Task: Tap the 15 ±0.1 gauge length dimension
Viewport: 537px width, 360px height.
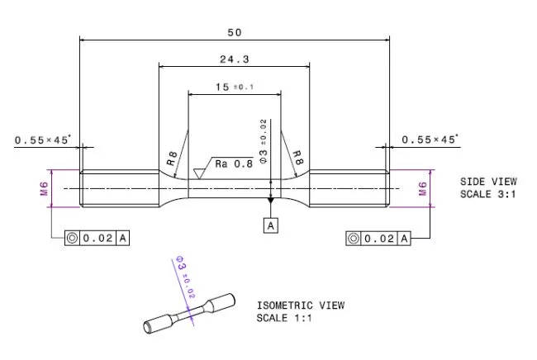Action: pyautogui.click(x=234, y=87)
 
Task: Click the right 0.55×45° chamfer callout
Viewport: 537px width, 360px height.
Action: pyautogui.click(x=430, y=140)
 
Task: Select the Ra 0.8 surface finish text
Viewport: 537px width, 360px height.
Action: pyautogui.click(x=234, y=163)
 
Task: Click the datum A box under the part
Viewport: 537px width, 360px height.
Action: pyautogui.click(x=270, y=224)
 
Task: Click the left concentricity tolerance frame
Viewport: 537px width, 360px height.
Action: pyautogui.click(x=97, y=239)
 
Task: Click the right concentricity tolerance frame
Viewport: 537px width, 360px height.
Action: pyautogui.click(x=378, y=239)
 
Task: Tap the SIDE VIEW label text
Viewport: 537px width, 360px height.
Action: pyautogui.click(x=488, y=181)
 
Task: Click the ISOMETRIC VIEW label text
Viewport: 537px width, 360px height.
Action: pyautogui.click(x=300, y=306)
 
